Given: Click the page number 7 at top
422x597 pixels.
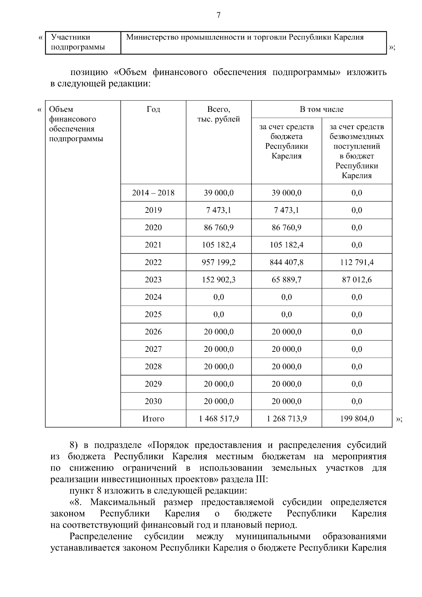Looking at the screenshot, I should [218, 15].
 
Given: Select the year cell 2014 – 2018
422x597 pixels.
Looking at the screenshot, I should [153, 193].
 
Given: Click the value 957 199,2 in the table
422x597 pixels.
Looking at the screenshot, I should [218, 262].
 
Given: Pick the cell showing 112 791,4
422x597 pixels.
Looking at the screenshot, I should [357, 262].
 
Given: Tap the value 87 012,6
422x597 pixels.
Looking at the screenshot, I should [357, 280].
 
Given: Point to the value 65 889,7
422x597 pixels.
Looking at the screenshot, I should [286, 280].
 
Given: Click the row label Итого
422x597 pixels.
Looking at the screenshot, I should [153, 419].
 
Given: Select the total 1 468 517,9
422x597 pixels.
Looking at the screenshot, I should [218, 419].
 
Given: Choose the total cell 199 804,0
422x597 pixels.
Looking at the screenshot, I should [357, 419].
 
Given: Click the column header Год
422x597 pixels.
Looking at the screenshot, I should [153, 109].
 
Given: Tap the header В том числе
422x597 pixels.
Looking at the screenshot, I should [321, 109].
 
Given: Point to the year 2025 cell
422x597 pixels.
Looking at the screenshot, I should [153, 315].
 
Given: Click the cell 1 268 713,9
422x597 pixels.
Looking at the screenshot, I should [286, 419].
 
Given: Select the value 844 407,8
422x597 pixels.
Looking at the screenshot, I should [286, 262].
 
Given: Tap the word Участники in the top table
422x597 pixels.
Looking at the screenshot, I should [70, 37].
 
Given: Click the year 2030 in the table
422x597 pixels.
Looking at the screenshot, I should [153, 401].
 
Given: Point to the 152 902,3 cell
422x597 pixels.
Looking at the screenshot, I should [218, 280].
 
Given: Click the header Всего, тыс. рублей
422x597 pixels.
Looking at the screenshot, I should [218, 114].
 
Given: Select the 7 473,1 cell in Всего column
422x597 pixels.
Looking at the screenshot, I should [218, 210].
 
